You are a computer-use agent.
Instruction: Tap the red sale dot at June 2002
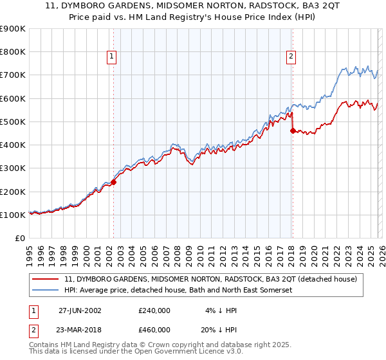(x=114, y=182)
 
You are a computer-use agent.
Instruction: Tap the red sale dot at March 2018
(x=293, y=130)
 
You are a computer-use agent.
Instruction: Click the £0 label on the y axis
(x=19, y=238)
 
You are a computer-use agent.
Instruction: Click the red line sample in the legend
(x=46, y=279)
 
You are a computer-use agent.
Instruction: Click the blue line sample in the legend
(x=46, y=291)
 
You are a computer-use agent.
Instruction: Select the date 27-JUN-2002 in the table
(x=80, y=310)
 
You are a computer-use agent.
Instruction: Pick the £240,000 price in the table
(x=154, y=310)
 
